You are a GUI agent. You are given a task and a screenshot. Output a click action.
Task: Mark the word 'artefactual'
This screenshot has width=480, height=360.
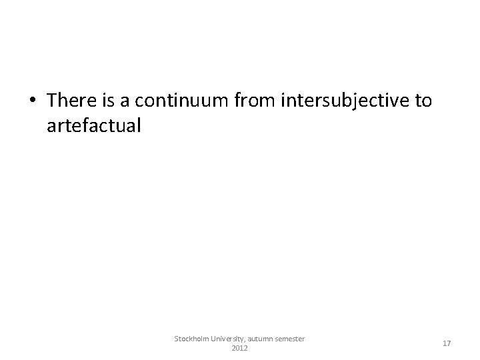click(94, 125)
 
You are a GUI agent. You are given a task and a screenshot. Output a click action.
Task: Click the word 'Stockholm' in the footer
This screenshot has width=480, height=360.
click(190, 339)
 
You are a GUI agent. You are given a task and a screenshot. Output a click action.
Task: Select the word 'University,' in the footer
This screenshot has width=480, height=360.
click(226, 339)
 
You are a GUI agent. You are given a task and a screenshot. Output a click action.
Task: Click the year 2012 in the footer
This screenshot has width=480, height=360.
click(239, 349)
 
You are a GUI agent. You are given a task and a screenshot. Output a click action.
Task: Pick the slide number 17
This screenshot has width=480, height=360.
click(446, 343)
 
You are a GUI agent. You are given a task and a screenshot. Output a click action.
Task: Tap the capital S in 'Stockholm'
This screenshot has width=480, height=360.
click(177, 339)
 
